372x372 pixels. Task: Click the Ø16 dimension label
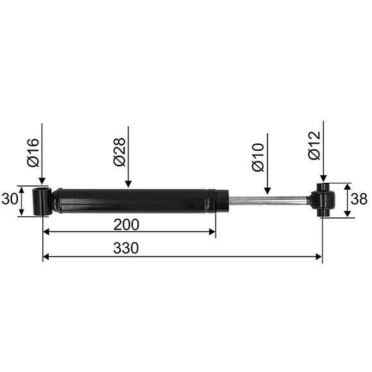pyautogui.click(x=33, y=153)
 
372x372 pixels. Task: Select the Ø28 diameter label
pyautogui.click(x=119, y=152)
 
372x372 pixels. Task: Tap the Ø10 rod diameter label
pyautogui.click(x=258, y=157)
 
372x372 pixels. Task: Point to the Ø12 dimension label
pyautogui.click(x=314, y=145)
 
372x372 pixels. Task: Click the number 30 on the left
pyautogui.click(x=10, y=199)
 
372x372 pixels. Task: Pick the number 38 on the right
pyautogui.click(x=359, y=199)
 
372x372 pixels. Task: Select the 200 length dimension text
pyautogui.click(x=126, y=224)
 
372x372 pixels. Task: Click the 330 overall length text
pyautogui.click(x=126, y=248)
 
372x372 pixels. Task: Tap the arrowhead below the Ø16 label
pyautogui.click(x=42, y=180)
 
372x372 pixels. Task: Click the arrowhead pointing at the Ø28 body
pyautogui.click(x=128, y=183)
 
